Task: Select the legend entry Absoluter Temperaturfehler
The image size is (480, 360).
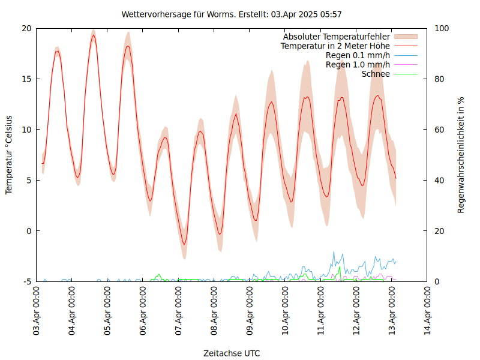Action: (337, 37)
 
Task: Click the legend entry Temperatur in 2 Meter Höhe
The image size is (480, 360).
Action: (335, 46)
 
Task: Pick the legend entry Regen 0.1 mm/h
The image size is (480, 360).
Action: (358, 55)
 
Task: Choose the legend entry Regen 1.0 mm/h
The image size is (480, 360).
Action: (358, 65)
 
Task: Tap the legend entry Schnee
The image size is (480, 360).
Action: (376, 74)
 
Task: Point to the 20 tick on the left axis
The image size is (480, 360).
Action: (26, 28)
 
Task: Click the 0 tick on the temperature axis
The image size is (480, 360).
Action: (29, 231)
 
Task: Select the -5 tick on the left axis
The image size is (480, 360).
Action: (27, 281)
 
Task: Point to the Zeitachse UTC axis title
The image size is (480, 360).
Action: (232, 353)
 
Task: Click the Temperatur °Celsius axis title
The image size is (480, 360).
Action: (9, 155)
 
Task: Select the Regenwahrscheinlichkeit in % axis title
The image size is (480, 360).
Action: (461, 155)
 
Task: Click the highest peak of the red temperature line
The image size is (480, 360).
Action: (94, 35)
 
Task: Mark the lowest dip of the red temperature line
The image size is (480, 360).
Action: (184, 244)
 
